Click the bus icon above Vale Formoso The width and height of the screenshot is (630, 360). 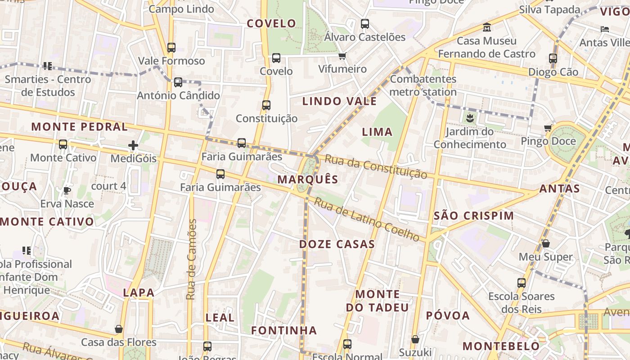pyautogui.click(x=171, y=47)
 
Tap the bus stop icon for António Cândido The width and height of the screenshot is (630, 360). pyautogui.click(x=178, y=82)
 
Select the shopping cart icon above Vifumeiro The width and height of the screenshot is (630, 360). pyautogui.click(x=342, y=56)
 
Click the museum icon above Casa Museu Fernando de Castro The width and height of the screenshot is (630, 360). pyautogui.click(x=486, y=27)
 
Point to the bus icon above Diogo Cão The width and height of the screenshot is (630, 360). pyautogui.click(x=553, y=58)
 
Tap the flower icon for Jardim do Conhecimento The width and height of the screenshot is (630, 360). pyautogui.click(x=470, y=118)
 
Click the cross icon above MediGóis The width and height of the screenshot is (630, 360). pyautogui.click(x=133, y=145)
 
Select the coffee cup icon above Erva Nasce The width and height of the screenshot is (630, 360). pyautogui.click(x=67, y=190)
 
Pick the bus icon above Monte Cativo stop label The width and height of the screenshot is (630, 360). pyautogui.click(x=63, y=144)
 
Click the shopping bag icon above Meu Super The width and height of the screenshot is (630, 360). pyautogui.click(x=546, y=243)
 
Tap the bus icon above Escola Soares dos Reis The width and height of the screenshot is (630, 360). pyautogui.click(x=522, y=283)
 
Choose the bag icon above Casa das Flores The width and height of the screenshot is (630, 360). pyautogui.click(x=119, y=329)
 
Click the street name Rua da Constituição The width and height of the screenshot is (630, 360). pyautogui.click(x=376, y=167)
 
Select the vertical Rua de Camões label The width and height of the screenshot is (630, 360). pyautogui.click(x=192, y=259)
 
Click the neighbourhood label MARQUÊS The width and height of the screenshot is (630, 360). pyautogui.click(x=308, y=180)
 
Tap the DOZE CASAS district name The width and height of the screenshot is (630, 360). pyautogui.click(x=337, y=244)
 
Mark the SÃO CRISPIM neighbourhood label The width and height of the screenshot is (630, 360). pyautogui.click(x=474, y=216)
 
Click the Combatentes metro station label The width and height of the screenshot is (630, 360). pyautogui.click(x=423, y=85)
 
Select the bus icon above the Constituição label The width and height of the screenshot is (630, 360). pyautogui.click(x=266, y=105)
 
